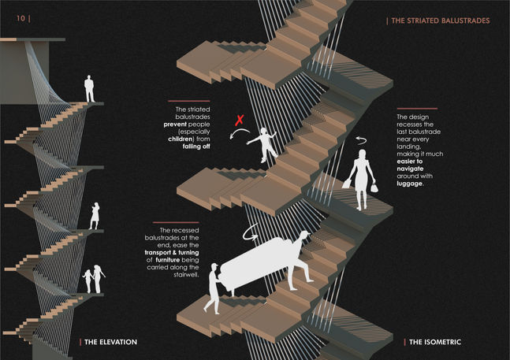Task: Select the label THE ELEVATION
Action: pyautogui.click(x=110, y=342)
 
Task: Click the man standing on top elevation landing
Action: pyautogui.click(x=90, y=88)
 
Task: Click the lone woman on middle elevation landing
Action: pyautogui.click(x=95, y=214)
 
